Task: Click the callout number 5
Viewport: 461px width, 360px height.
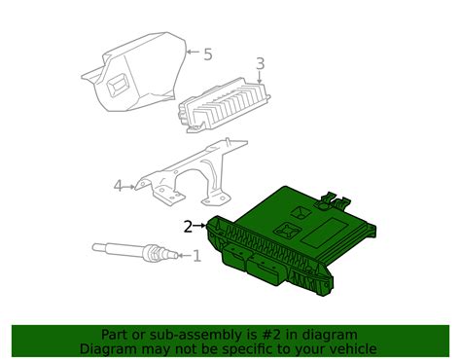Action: point(206,54)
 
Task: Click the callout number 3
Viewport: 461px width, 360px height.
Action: point(260,65)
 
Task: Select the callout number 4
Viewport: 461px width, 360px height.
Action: point(118,186)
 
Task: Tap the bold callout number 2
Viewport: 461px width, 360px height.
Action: point(188,227)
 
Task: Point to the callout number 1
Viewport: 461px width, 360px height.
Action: point(195,257)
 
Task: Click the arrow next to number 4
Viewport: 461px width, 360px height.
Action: point(131,185)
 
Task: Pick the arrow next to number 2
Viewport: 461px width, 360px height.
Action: point(201,226)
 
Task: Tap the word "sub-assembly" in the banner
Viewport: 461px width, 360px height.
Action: point(180,334)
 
